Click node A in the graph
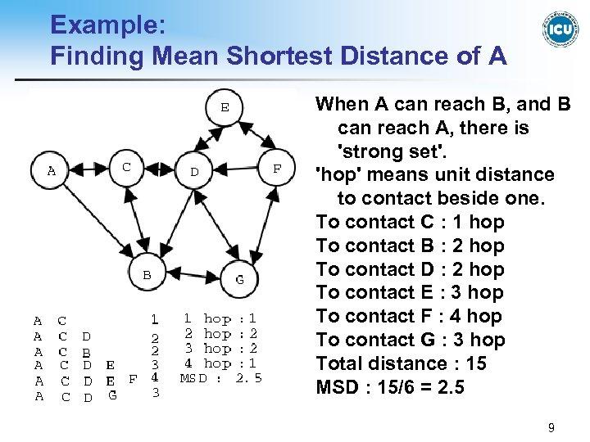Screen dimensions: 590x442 click(51, 171)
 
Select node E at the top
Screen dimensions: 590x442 click(224, 106)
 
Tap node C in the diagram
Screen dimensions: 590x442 click(126, 167)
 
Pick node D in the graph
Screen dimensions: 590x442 click(195, 171)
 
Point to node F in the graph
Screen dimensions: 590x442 click(277, 168)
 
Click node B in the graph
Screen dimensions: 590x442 click(147, 276)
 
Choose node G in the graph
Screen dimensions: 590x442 click(239, 279)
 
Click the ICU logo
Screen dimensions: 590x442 click(560, 30)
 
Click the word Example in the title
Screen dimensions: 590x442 click(108, 25)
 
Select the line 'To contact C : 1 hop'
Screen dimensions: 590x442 click(410, 222)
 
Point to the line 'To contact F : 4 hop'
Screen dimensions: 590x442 click(410, 316)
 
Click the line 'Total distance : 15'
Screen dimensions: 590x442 click(401, 363)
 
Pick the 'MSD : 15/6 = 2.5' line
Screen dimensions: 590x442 click(390, 386)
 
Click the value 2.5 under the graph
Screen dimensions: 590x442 click(248, 378)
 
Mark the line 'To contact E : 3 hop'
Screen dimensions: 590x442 click(410, 292)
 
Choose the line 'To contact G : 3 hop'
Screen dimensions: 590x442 click(411, 340)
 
